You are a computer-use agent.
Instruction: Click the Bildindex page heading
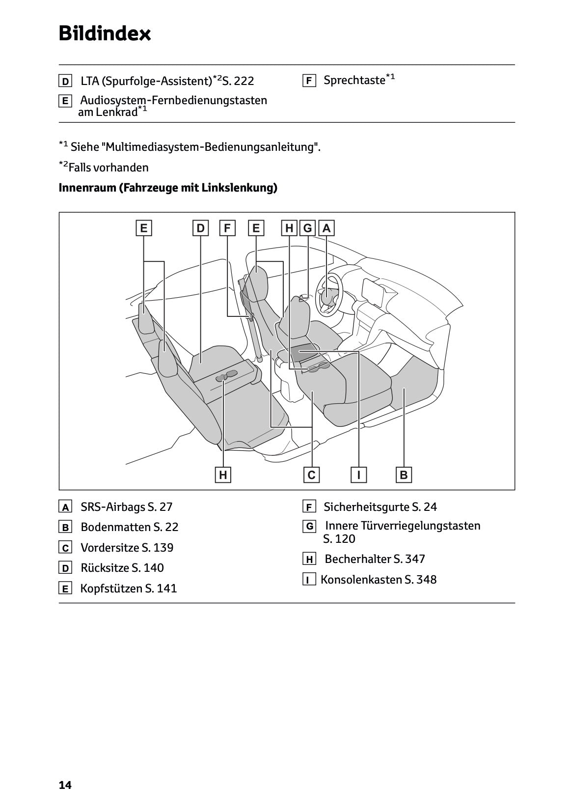(x=105, y=33)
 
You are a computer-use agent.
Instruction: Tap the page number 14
(x=65, y=785)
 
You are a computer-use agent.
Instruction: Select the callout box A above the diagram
(x=327, y=228)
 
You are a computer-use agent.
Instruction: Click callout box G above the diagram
(x=308, y=228)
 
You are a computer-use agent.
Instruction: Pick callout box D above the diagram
(x=200, y=228)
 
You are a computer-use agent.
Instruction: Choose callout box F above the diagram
(x=227, y=228)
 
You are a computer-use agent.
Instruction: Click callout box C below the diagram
(x=311, y=475)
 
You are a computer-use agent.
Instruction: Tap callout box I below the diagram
(x=359, y=475)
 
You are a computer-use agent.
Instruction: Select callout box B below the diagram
(x=404, y=475)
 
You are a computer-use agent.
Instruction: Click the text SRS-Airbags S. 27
(x=126, y=506)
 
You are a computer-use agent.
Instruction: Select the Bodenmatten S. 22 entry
(x=129, y=527)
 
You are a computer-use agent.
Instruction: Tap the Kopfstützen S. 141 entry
(x=128, y=588)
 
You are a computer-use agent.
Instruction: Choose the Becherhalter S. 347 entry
(x=374, y=559)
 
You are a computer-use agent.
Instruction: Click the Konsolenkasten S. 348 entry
(x=378, y=579)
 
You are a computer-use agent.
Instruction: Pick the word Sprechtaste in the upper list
(x=354, y=80)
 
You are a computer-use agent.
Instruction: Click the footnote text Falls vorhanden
(x=108, y=168)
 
